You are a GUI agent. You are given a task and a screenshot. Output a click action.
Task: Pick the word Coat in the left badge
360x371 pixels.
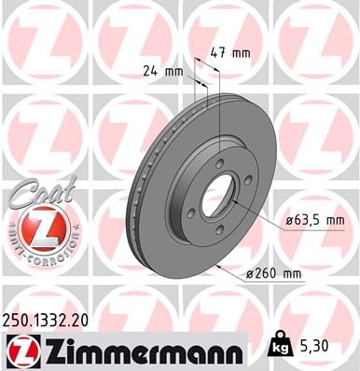pyautogui.click(x=32, y=193)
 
